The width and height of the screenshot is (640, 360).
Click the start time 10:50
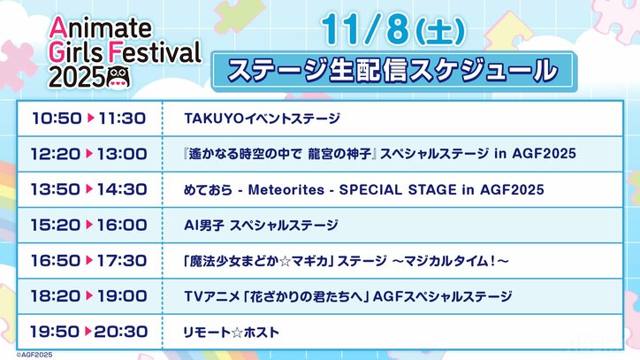click(56, 117)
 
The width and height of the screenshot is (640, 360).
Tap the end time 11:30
click(122, 117)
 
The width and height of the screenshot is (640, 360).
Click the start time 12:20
click(56, 154)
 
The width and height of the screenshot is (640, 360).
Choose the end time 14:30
click(122, 190)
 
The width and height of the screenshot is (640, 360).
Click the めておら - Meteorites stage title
click(363, 190)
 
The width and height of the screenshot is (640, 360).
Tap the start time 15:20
click(56, 226)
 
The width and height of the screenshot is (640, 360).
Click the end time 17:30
click(122, 261)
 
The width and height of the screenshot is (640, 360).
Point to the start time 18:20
click(56, 296)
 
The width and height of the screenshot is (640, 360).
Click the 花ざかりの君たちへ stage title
click(348, 296)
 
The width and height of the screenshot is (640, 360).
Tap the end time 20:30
click(122, 332)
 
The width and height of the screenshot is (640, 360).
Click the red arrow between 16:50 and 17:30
click(89, 261)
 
